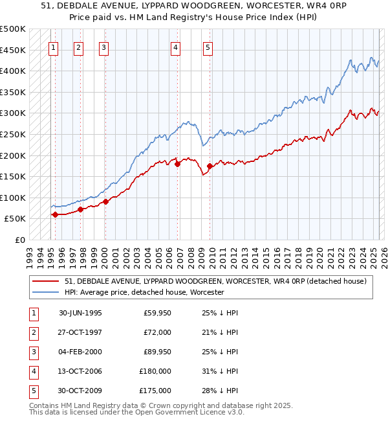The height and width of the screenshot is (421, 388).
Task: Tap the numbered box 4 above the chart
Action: (176, 47)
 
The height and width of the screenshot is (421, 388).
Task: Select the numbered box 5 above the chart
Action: (208, 47)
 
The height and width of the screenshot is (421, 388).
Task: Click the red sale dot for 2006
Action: (177, 164)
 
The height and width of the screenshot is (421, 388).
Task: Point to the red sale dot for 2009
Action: (210, 166)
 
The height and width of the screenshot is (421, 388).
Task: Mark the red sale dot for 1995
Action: (55, 214)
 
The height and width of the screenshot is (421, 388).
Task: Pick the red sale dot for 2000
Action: (105, 201)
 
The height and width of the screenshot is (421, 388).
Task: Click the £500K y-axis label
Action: (13, 29)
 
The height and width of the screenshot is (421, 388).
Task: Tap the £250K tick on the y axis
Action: (13, 134)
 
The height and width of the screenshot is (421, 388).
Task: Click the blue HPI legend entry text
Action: (144, 292)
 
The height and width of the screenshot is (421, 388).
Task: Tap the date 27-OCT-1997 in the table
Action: (80, 332)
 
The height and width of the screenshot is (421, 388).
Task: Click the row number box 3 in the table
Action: (32, 352)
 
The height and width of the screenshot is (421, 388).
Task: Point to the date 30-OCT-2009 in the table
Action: (80, 391)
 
